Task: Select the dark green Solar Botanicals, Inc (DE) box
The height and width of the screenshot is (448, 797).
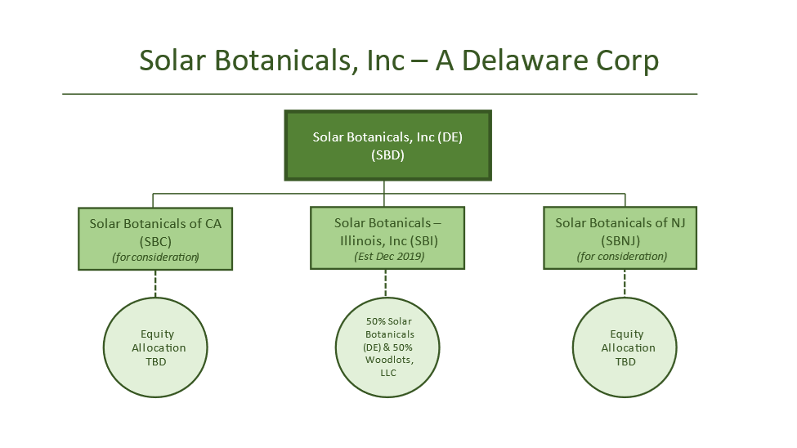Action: point(387,146)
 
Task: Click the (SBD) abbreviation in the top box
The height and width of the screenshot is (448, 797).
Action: point(387,155)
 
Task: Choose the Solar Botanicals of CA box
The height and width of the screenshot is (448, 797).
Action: point(155,239)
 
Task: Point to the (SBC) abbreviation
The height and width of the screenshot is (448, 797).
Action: point(155,241)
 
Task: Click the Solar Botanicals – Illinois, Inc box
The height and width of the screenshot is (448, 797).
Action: point(387,237)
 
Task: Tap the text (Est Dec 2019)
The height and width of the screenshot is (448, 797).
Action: point(389,256)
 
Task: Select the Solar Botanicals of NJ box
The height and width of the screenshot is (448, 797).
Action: point(620,237)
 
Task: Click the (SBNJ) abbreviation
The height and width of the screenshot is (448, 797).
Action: point(620,240)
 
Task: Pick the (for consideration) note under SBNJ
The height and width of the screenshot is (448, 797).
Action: point(621,256)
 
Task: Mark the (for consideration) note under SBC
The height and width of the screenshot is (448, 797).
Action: point(155,258)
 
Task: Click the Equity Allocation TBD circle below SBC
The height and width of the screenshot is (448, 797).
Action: point(155,347)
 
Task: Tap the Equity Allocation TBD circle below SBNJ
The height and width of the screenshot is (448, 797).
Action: point(625,347)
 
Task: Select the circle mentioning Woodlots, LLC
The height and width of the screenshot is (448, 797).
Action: point(387,347)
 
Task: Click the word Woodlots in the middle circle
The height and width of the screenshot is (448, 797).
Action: point(389,360)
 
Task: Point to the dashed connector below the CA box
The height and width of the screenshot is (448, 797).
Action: point(155,284)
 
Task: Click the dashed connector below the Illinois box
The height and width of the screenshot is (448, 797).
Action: point(386,284)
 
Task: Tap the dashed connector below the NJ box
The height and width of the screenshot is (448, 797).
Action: point(625,284)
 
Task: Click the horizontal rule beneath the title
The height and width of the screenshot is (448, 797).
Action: point(379,94)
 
